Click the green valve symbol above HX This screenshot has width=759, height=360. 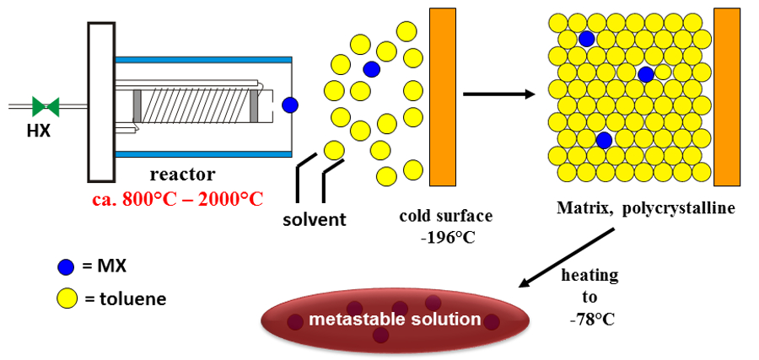click(x=46, y=106)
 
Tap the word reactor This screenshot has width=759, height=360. click(x=182, y=175)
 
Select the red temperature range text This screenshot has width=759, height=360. click(x=178, y=199)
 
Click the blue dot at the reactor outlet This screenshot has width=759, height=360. click(x=290, y=105)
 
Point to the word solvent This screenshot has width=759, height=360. click(x=315, y=220)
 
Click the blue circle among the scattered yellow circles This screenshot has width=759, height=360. click(x=371, y=68)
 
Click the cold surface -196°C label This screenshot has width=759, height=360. click(x=445, y=226)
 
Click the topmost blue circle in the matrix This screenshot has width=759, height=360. click(x=586, y=39)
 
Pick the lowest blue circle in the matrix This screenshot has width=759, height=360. click(x=604, y=139)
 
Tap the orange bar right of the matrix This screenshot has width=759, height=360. click(x=727, y=96)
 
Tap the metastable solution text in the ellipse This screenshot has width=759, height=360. click(x=395, y=320)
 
